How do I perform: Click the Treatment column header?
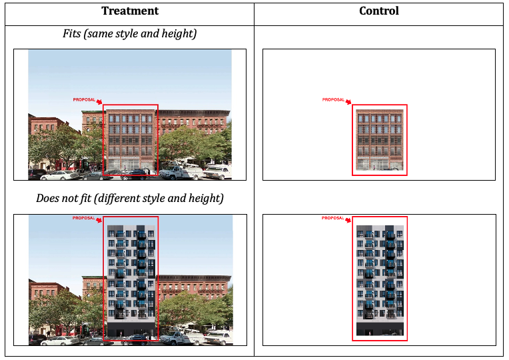coord(130,11)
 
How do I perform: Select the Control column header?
coord(378,11)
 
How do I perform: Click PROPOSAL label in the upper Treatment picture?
coord(84,99)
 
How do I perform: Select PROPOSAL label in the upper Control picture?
coord(333,100)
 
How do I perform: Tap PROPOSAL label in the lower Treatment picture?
coord(84,218)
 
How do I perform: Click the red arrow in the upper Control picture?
coord(348,102)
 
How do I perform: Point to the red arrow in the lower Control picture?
coord(348,221)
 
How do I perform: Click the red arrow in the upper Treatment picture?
coord(99,102)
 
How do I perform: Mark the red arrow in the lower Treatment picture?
coord(99,220)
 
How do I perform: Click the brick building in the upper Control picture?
coord(379,140)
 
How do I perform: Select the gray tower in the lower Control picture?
coord(379,280)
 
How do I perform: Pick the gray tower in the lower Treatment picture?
coord(131,280)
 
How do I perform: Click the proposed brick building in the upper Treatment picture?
coord(131,140)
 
